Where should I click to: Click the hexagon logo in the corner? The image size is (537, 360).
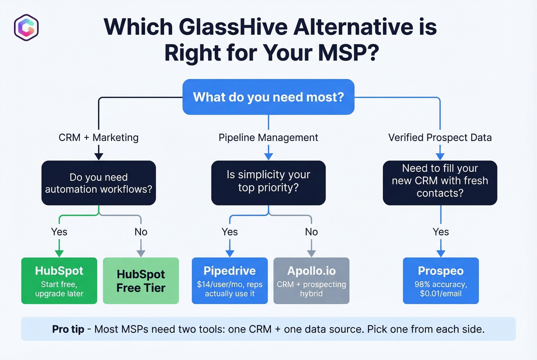[26, 27]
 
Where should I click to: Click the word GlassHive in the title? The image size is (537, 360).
[233, 27]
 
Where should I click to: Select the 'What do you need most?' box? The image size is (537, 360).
[268, 97]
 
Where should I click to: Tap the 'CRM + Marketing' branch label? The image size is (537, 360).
[99, 137]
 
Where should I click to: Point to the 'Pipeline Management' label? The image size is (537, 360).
[268, 137]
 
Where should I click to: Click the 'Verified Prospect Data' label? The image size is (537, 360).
[440, 137]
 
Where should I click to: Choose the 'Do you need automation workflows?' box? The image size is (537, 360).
[99, 183]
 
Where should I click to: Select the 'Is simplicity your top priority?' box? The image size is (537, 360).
[268, 183]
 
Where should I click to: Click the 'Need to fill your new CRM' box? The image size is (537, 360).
[440, 183]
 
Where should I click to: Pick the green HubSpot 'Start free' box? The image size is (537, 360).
[59, 281]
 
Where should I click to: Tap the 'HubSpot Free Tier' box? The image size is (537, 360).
[141, 281]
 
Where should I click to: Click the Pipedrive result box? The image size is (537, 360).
[229, 281]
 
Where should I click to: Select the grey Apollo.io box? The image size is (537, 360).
[311, 281]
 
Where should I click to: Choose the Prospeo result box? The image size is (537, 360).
[440, 281]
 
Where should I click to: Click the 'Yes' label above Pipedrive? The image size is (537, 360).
[229, 232]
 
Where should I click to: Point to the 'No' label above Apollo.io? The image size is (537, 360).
[311, 232]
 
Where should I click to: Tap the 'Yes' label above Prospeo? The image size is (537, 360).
[440, 232]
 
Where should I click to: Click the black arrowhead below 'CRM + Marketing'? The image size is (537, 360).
[99, 156]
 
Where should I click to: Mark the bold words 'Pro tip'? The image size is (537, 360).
[68, 329]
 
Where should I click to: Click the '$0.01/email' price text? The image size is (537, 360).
[440, 294]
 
